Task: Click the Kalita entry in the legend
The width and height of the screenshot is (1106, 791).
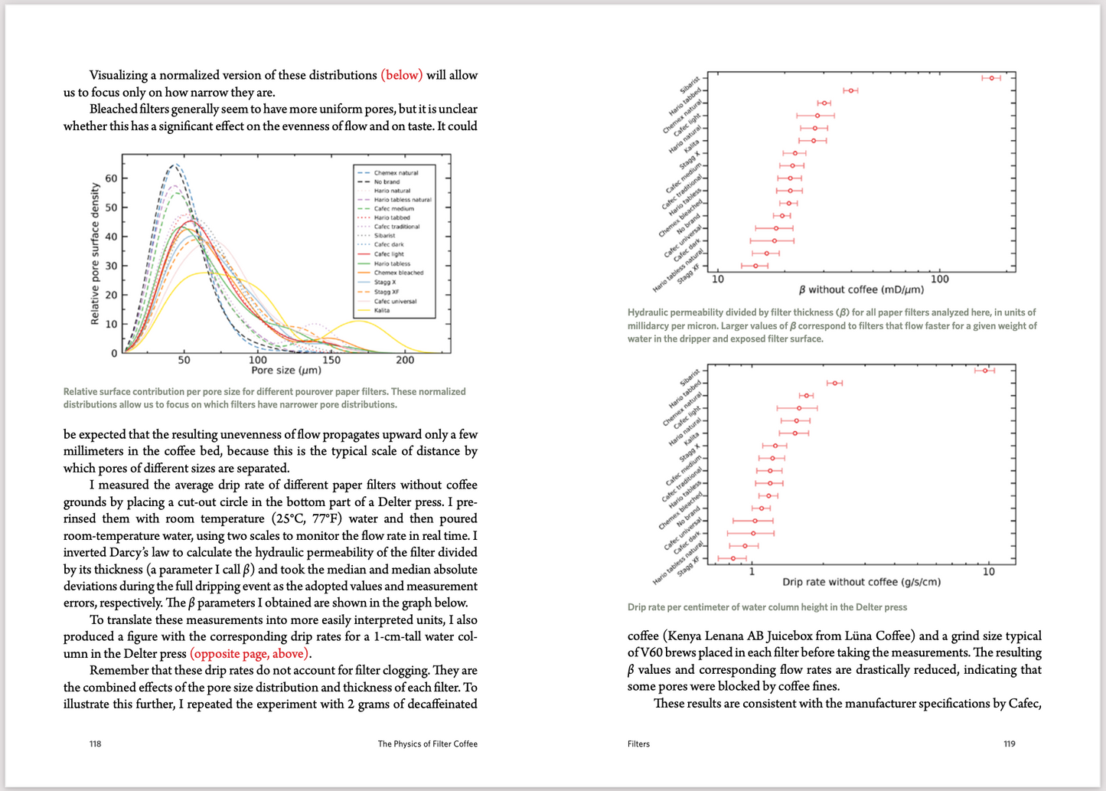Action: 381,310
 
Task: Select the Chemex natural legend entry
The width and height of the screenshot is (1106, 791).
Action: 396,173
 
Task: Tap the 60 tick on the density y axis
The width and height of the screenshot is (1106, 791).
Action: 112,178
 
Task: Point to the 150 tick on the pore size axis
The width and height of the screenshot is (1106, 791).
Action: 331,360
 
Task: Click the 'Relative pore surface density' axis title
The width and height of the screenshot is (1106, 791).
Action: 95,253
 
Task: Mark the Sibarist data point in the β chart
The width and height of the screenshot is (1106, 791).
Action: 991,78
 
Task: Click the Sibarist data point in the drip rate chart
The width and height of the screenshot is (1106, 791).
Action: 985,371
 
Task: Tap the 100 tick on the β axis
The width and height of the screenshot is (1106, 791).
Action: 939,279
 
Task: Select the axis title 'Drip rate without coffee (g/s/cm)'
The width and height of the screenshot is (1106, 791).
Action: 861,582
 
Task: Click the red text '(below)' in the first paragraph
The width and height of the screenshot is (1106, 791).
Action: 402,75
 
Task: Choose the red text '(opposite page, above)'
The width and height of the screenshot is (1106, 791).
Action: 250,654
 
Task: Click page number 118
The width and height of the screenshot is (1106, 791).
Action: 95,744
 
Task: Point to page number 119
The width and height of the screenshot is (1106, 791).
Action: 1009,744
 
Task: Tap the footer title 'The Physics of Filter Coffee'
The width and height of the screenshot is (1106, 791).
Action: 427,744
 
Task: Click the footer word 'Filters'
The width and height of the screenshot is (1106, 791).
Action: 638,744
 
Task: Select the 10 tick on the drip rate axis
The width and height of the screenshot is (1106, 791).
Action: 988,572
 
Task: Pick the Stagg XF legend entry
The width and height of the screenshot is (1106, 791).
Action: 386,292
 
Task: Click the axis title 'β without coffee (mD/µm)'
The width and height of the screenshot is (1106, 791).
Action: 861,289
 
